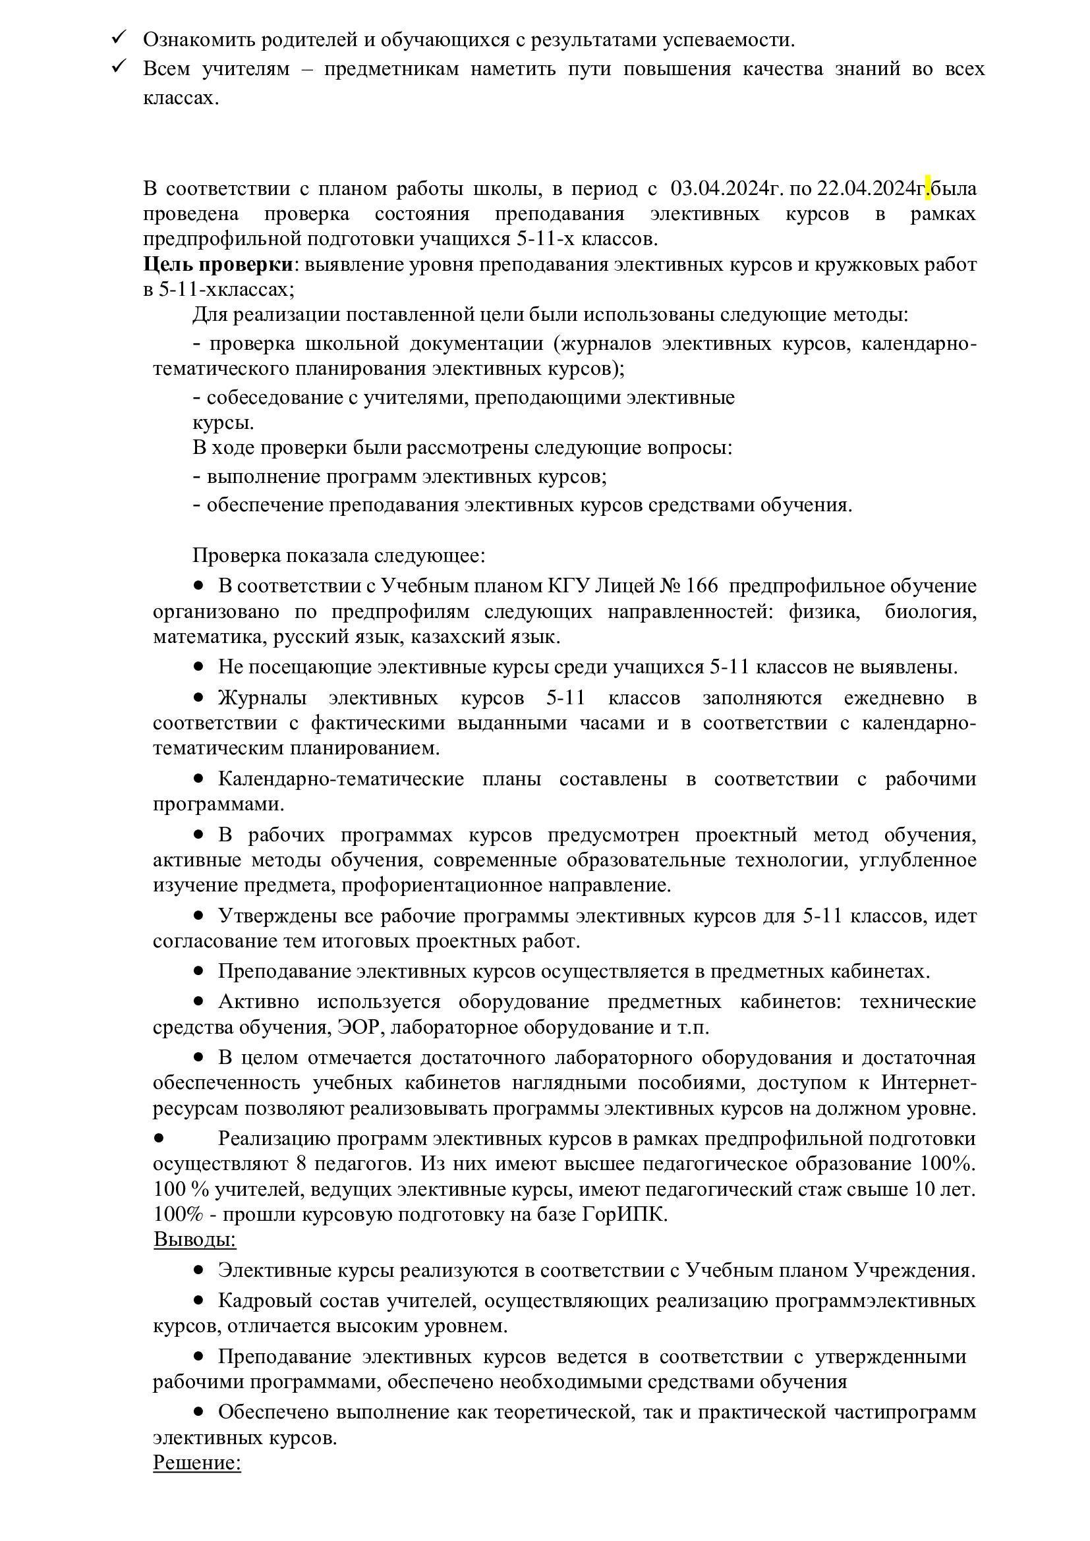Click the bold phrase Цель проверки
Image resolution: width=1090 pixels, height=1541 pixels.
(x=218, y=264)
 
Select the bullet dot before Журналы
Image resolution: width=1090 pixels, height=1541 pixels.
(x=198, y=698)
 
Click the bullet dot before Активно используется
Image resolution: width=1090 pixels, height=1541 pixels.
(x=198, y=1001)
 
